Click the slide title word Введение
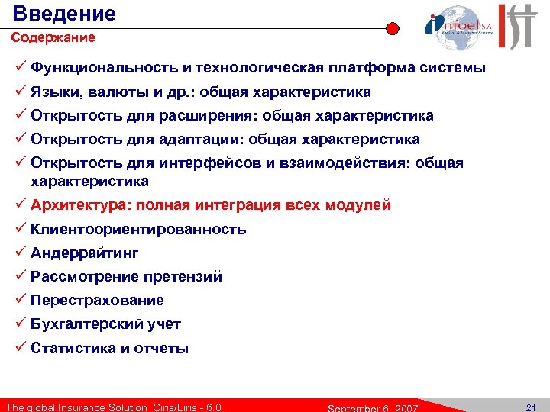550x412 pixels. (x=65, y=13)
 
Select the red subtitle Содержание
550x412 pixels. (x=53, y=37)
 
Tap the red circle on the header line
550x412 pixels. (x=393, y=29)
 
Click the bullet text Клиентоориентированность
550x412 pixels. (x=138, y=229)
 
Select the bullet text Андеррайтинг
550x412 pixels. (x=85, y=253)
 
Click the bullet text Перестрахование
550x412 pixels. (x=97, y=300)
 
